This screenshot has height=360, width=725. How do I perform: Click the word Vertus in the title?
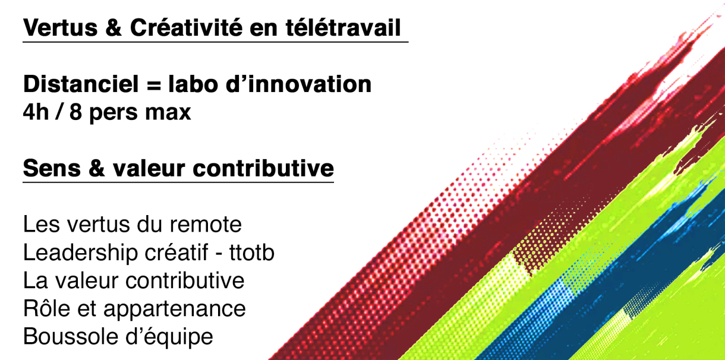pyautogui.click(x=60, y=27)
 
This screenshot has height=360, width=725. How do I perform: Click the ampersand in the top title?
pyautogui.click(x=114, y=27)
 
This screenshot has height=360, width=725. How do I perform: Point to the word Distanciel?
pyautogui.click(x=81, y=84)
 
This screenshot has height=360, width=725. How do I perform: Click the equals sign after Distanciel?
pyautogui.click(x=153, y=86)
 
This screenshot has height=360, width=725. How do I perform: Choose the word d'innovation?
pyautogui.click(x=298, y=84)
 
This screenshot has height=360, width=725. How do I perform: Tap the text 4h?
pyautogui.click(x=36, y=112)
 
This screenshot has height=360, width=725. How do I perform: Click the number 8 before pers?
pyautogui.click(x=75, y=112)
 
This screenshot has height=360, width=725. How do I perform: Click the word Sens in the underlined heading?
pyautogui.click(x=52, y=168)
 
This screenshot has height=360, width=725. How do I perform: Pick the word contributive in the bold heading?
pyautogui.click(x=263, y=168)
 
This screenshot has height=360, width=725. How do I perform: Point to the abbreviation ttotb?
pyautogui.click(x=252, y=252)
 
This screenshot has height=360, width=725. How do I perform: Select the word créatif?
pyautogui.click(x=176, y=252)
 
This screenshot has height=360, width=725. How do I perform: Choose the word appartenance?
pyautogui.click(x=175, y=310)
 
